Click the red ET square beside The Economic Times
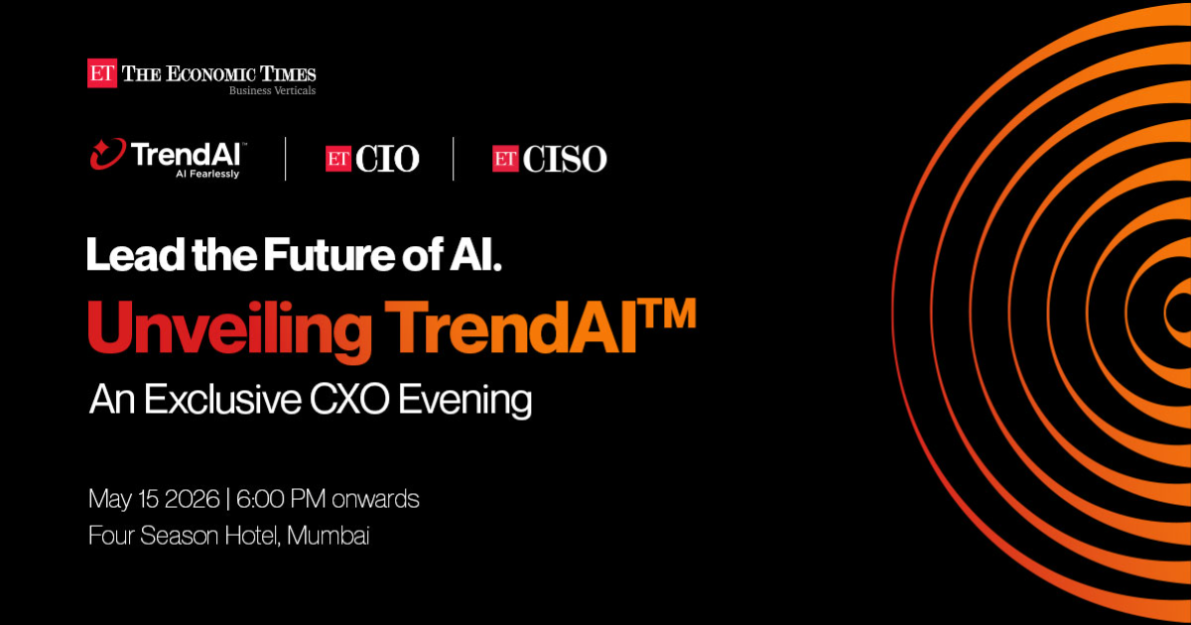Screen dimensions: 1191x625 click(x=102, y=72)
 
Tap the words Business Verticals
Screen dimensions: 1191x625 click(x=272, y=91)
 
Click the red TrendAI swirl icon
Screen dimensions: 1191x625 click(x=108, y=154)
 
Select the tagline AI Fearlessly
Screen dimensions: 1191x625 click(x=207, y=175)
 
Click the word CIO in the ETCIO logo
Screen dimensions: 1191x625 click(x=388, y=159)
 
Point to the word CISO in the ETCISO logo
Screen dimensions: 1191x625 click(x=565, y=159)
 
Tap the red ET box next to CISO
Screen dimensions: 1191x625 click(x=505, y=159)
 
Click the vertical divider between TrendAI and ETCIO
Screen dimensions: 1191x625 click(x=286, y=159)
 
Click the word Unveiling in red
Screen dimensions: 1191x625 click(x=229, y=329)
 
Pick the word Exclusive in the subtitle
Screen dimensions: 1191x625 click(x=222, y=399)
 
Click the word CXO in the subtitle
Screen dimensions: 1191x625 click(x=349, y=400)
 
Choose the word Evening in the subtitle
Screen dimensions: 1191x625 click(x=464, y=402)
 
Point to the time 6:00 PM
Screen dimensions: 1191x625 click(x=280, y=499)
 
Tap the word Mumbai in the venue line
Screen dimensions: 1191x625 click(x=329, y=535)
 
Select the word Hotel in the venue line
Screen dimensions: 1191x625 click(x=252, y=536)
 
